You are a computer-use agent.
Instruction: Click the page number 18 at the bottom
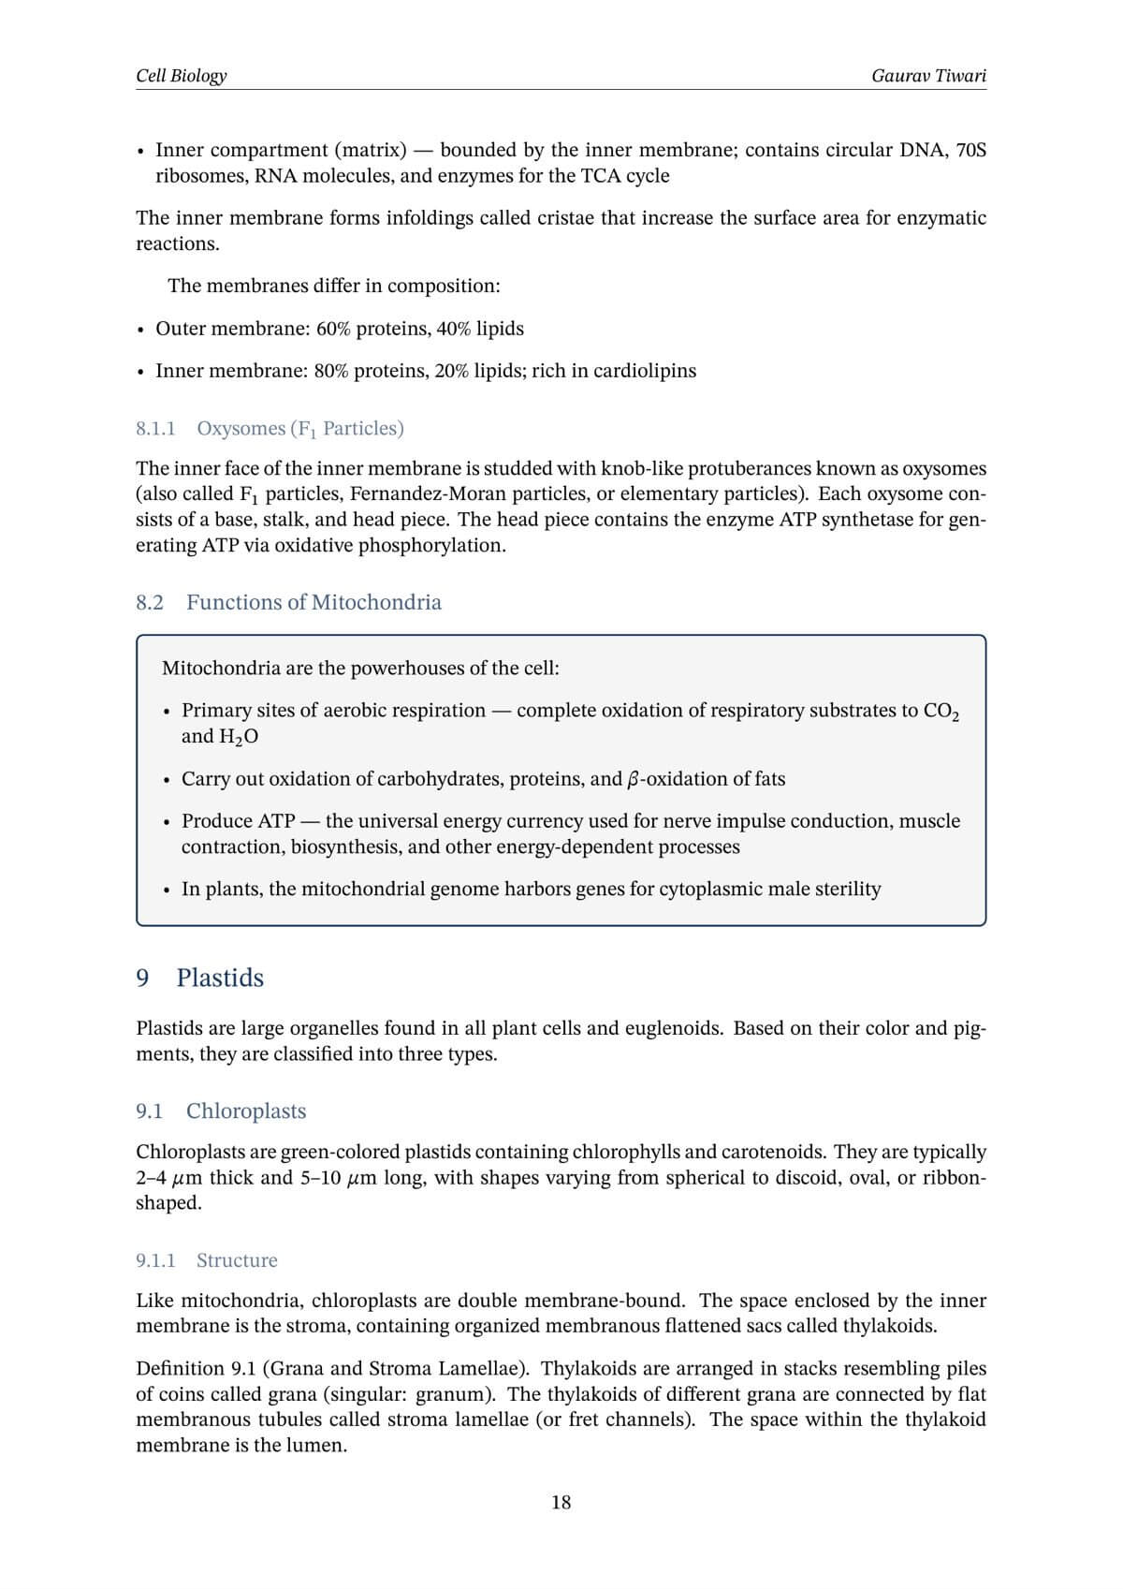click(561, 1502)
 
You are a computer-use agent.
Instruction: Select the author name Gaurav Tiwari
click(927, 75)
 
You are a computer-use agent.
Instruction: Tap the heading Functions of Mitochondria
click(314, 602)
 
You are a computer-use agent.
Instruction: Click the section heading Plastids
click(220, 978)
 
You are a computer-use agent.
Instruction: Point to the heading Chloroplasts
click(246, 1111)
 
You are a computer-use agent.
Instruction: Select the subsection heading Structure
click(237, 1260)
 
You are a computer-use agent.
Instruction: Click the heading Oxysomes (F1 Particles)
click(299, 428)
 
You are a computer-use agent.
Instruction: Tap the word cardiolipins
click(645, 371)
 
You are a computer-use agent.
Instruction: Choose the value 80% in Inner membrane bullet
click(332, 371)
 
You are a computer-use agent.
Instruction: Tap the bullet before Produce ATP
click(167, 822)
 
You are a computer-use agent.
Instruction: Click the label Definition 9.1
click(194, 1368)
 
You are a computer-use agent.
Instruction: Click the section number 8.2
click(150, 602)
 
